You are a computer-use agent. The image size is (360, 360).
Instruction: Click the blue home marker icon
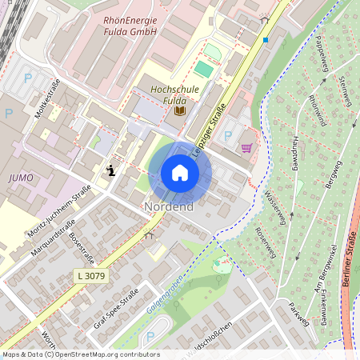180,173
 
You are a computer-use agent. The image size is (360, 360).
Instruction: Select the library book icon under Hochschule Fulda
179,110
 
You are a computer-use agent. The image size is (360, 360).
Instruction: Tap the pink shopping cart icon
246,147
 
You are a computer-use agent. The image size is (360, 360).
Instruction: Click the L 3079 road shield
90,275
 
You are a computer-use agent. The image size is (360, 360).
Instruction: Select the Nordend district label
169,207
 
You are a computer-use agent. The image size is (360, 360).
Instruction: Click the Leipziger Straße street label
209,128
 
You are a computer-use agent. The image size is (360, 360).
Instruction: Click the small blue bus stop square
266,39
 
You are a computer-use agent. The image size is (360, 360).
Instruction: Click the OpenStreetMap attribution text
80,354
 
